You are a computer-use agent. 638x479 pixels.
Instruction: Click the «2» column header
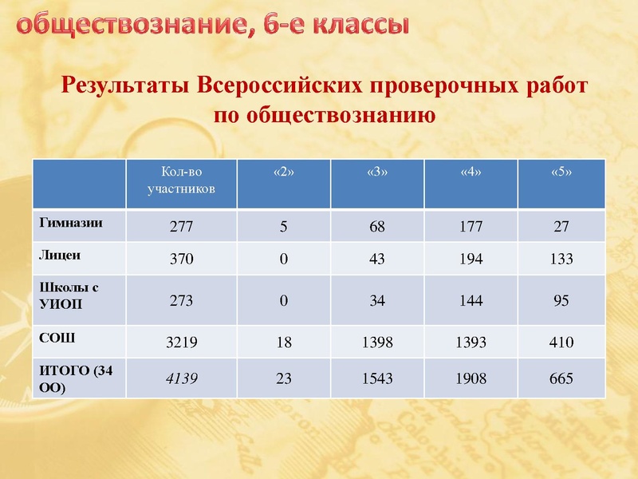tap(283, 174)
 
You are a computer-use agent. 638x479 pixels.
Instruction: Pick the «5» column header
tap(561, 174)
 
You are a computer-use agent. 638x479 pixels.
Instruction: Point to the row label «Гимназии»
tap(71, 223)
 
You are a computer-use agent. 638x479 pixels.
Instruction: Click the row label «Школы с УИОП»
tap(69, 294)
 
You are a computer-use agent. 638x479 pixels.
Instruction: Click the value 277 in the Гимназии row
tap(181, 227)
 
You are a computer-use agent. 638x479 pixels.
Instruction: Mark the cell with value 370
tap(181, 259)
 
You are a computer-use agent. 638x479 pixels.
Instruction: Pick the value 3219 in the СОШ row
tap(181, 343)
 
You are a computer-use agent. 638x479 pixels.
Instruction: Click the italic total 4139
tap(181, 379)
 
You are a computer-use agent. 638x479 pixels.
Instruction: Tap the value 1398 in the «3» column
tap(376, 343)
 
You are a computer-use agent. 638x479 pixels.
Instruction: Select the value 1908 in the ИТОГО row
tap(471, 379)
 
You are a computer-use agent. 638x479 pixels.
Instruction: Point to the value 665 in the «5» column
tap(561, 379)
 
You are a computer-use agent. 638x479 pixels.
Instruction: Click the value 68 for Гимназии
tap(376, 227)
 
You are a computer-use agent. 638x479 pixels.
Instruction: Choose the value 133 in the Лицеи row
tap(561, 259)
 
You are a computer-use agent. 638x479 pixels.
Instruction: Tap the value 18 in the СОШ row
tap(283, 343)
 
